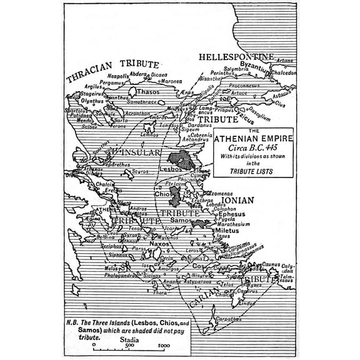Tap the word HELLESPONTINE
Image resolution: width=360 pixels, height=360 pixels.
[x=236, y=57]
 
